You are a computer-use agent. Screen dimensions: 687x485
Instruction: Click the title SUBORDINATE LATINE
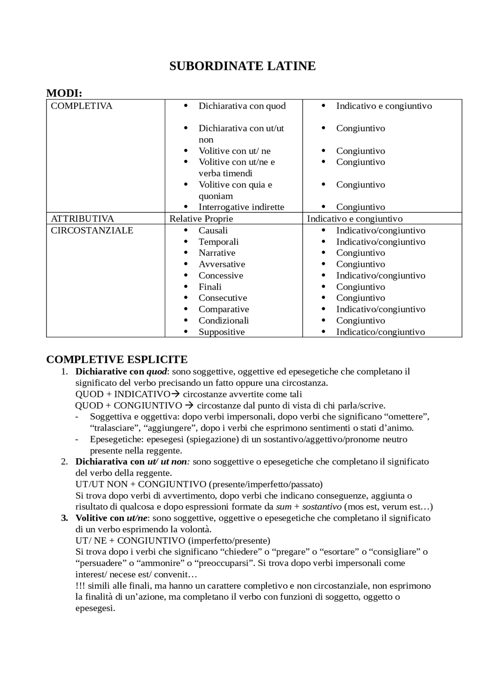[x=242, y=66]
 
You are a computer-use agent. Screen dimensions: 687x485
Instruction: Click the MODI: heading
[x=64, y=93]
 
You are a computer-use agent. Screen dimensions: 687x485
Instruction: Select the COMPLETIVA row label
[x=81, y=106]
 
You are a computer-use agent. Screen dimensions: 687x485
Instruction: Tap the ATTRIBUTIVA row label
[x=82, y=219]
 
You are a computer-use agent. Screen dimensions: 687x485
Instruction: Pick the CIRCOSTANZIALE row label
[x=92, y=230]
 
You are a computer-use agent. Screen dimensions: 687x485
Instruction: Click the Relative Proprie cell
[x=201, y=219]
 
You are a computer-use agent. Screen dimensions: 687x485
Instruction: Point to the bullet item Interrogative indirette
[x=241, y=207]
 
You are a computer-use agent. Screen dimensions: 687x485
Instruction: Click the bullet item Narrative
[x=217, y=253]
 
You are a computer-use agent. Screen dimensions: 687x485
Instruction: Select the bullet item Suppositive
[x=221, y=332]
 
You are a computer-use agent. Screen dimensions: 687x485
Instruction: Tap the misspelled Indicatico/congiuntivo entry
[x=380, y=332]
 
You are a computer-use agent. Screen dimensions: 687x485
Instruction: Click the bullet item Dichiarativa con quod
[x=242, y=106]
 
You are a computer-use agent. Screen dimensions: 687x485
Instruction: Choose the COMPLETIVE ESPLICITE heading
[x=117, y=359]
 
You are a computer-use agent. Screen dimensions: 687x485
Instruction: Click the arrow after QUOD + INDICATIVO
[x=175, y=394]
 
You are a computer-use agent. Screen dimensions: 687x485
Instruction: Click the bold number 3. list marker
[x=65, y=518]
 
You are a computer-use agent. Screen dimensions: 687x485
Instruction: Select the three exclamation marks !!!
[x=80, y=586]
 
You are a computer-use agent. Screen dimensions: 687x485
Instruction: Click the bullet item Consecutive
[x=222, y=298]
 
